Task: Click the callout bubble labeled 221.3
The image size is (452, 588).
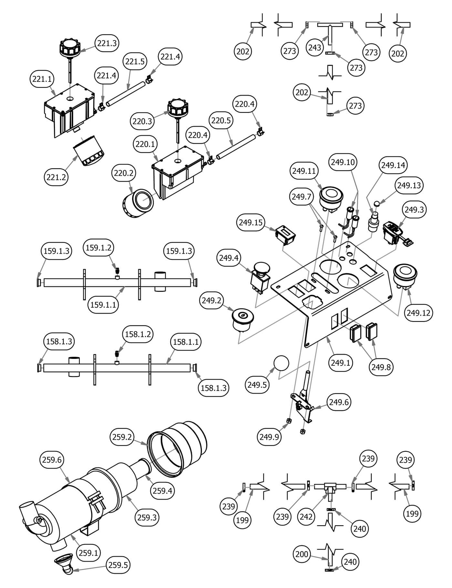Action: coord(107,43)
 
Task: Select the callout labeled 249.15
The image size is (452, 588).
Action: coord(251,222)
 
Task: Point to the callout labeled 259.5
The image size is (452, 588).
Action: coord(118,565)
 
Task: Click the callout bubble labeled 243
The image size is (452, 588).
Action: coord(315,47)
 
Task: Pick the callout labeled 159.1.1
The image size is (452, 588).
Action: coord(103,304)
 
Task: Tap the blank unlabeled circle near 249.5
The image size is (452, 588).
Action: coord(281,363)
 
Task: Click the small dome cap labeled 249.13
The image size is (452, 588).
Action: coord(376,204)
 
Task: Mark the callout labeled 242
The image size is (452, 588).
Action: coord(306,516)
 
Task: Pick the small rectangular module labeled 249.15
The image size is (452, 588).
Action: coord(285,234)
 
